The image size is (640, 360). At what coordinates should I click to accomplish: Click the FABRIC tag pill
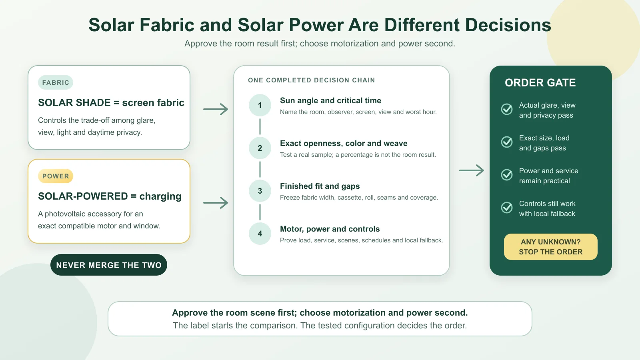pos(56,82)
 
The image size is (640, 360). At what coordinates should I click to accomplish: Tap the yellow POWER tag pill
pos(56,176)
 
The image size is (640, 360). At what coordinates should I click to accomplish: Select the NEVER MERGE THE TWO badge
pos(108,265)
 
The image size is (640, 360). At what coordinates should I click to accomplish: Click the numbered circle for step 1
pos(260,105)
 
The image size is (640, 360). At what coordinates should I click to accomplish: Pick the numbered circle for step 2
pos(260,148)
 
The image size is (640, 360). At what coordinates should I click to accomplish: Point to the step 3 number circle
pos(260,191)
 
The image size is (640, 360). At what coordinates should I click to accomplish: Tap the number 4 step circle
pos(260,234)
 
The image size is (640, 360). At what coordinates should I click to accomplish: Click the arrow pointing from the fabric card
pos(216,109)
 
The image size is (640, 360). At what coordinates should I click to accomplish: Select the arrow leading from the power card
pos(216,203)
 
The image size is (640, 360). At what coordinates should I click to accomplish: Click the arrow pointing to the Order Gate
pos(472,170)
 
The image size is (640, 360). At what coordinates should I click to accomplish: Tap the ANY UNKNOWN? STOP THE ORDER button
pos(550,247)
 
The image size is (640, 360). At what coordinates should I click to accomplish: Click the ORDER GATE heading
pos(540,82)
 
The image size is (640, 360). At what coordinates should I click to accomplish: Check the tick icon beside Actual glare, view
pos(507,109)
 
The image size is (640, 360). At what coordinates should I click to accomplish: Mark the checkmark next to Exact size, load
pos(507,142)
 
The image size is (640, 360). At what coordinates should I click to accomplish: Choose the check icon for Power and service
pos(507,174)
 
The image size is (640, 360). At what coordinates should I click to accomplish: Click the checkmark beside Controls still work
pos(507,208)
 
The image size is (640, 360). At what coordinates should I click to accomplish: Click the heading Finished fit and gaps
pos(320,186)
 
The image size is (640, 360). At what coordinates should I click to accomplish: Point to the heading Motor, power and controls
pos(330,229)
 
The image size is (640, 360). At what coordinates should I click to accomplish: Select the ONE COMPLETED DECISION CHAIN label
pos(312,80)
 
